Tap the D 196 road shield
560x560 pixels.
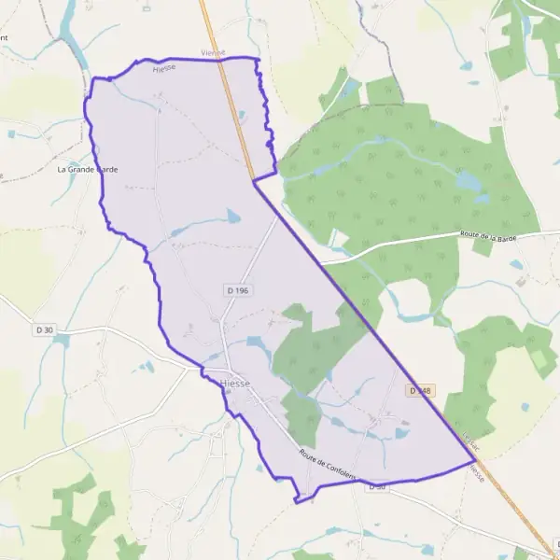point(237,291)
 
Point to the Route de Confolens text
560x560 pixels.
point(328,465)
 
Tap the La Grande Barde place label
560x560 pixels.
point(88,170)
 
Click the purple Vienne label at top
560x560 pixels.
point(214,53)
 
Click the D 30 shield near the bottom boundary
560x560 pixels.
point(377,486)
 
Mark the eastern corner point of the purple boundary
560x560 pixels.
point(473,461)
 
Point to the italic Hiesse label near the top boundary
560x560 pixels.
point(164,68)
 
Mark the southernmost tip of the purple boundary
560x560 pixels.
point(297,502)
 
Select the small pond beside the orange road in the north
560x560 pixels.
point(243,117)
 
